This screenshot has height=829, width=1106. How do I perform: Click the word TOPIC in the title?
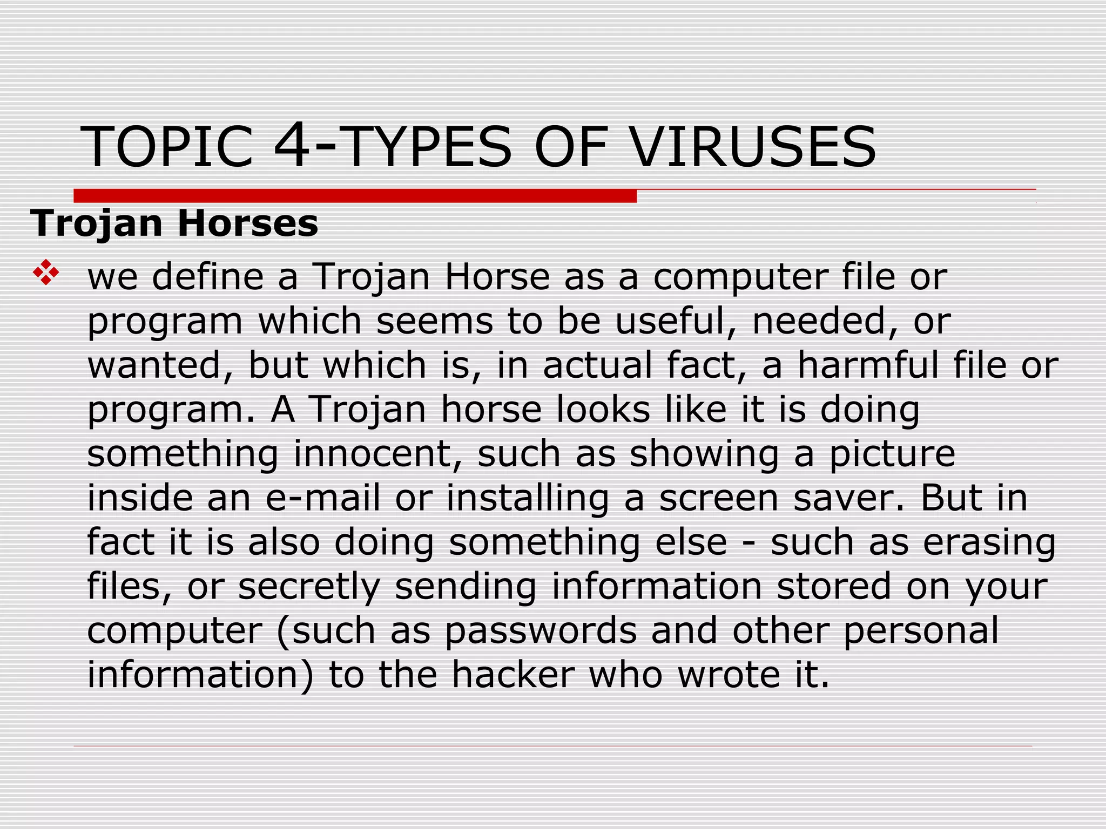click(167, 147)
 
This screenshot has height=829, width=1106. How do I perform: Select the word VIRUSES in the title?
click(754, 147)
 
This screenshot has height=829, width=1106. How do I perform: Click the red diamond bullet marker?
click(46, 273)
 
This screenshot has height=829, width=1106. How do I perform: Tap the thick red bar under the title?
click(355, 196)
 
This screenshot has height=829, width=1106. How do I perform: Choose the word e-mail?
click(323, 498)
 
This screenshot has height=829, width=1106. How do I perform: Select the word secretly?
click(309, 587)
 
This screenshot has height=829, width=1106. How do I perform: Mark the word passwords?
click(541, 631)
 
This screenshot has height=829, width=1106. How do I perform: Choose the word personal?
click(921, 631)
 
